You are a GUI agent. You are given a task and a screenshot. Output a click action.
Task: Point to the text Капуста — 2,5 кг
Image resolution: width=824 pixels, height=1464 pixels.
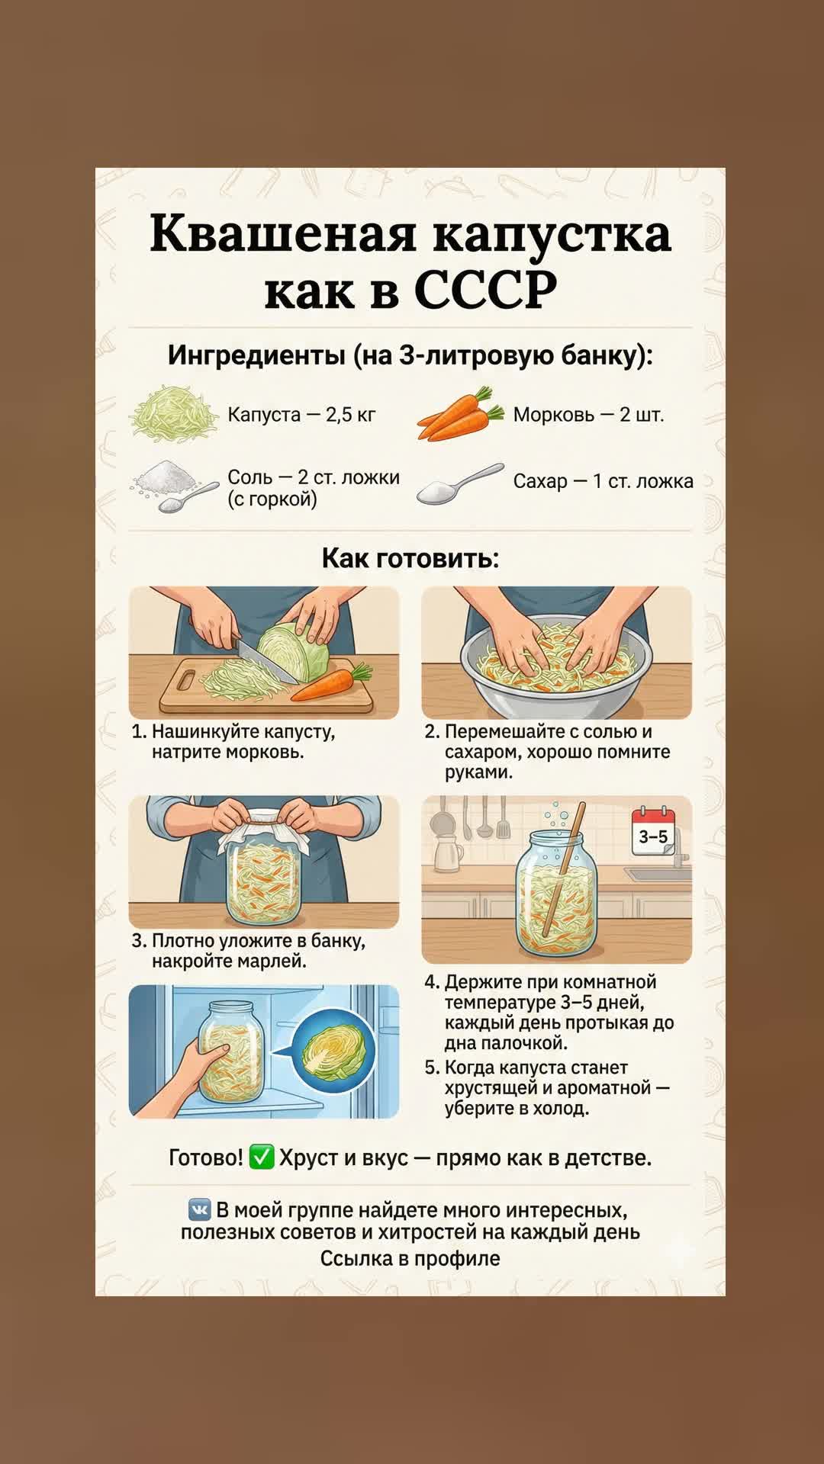point(302,415)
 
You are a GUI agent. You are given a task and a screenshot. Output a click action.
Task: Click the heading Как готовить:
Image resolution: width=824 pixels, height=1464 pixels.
point(410,557)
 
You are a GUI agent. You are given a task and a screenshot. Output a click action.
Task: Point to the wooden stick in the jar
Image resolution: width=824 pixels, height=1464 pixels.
point(565,869)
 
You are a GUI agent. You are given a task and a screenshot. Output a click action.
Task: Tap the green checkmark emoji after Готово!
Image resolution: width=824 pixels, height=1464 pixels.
point(262,1157)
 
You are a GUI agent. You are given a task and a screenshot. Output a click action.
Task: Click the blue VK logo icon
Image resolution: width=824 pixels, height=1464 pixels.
point(200,1209)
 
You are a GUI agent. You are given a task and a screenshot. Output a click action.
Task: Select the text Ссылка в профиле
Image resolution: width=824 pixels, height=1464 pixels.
point(410,1258)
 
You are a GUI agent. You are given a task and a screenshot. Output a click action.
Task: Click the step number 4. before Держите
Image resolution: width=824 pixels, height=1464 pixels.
point(432,981)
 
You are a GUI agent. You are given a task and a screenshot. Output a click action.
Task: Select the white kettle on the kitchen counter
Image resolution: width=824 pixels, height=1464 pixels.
point(448,852)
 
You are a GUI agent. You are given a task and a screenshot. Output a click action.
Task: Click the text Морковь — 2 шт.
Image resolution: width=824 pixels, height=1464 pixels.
point(588,415)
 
